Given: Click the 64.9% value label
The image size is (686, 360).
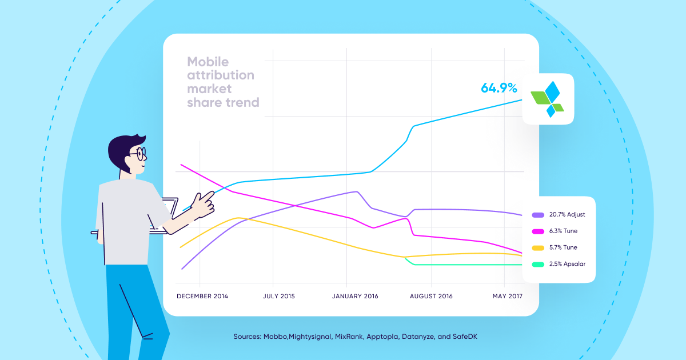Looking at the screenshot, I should (498, 89).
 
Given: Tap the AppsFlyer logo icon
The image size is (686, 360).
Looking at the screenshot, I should (548, 99).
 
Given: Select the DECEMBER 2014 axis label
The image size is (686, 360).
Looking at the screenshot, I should (202, 296).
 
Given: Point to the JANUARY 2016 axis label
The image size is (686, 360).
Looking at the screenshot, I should (354, 296).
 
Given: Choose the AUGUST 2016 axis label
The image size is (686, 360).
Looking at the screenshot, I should (431, 296).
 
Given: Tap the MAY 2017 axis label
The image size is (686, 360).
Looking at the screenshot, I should (508, 296).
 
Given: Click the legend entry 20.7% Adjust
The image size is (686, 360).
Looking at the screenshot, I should (567, 214).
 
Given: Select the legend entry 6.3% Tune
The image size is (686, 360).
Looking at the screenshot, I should (563, 231).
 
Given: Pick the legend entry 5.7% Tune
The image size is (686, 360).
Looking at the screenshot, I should (563, 247).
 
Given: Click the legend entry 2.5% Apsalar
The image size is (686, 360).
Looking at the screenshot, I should (567, 264).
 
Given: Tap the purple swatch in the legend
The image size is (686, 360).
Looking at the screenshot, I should (538, 215).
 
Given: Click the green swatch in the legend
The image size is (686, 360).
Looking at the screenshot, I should (538, 265).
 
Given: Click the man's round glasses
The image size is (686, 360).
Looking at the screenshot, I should (138, 154).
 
